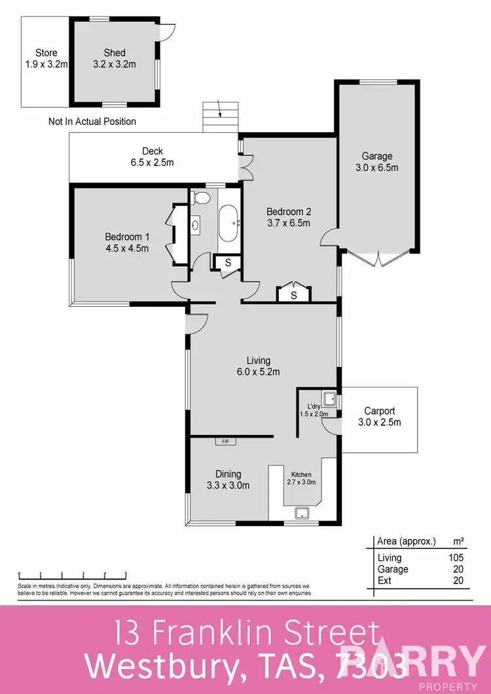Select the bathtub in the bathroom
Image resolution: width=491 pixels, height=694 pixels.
[x=229, y=224]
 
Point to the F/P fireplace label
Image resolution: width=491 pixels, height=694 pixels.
[x=225, y=442]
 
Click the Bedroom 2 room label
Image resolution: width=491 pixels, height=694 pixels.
[x=288, y=212]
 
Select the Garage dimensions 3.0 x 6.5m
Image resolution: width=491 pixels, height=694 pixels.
[x=377, y=167]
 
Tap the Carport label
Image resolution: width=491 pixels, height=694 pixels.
[x=380, y=411]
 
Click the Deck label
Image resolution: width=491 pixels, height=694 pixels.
[x=153, y=152]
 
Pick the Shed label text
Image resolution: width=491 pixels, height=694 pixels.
[x=114, y=53]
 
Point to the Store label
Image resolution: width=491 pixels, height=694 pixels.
[x=46, y=53]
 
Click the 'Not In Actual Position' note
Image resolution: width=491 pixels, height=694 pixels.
[x=92, y=122]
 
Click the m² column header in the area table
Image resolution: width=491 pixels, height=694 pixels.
[x=458, y=541]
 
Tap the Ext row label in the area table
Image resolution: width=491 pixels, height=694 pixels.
[x=385, y=580]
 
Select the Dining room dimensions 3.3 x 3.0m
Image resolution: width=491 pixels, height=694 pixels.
[x=228, y=485]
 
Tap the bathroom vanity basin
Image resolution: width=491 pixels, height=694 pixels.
[x=196, y=225]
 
